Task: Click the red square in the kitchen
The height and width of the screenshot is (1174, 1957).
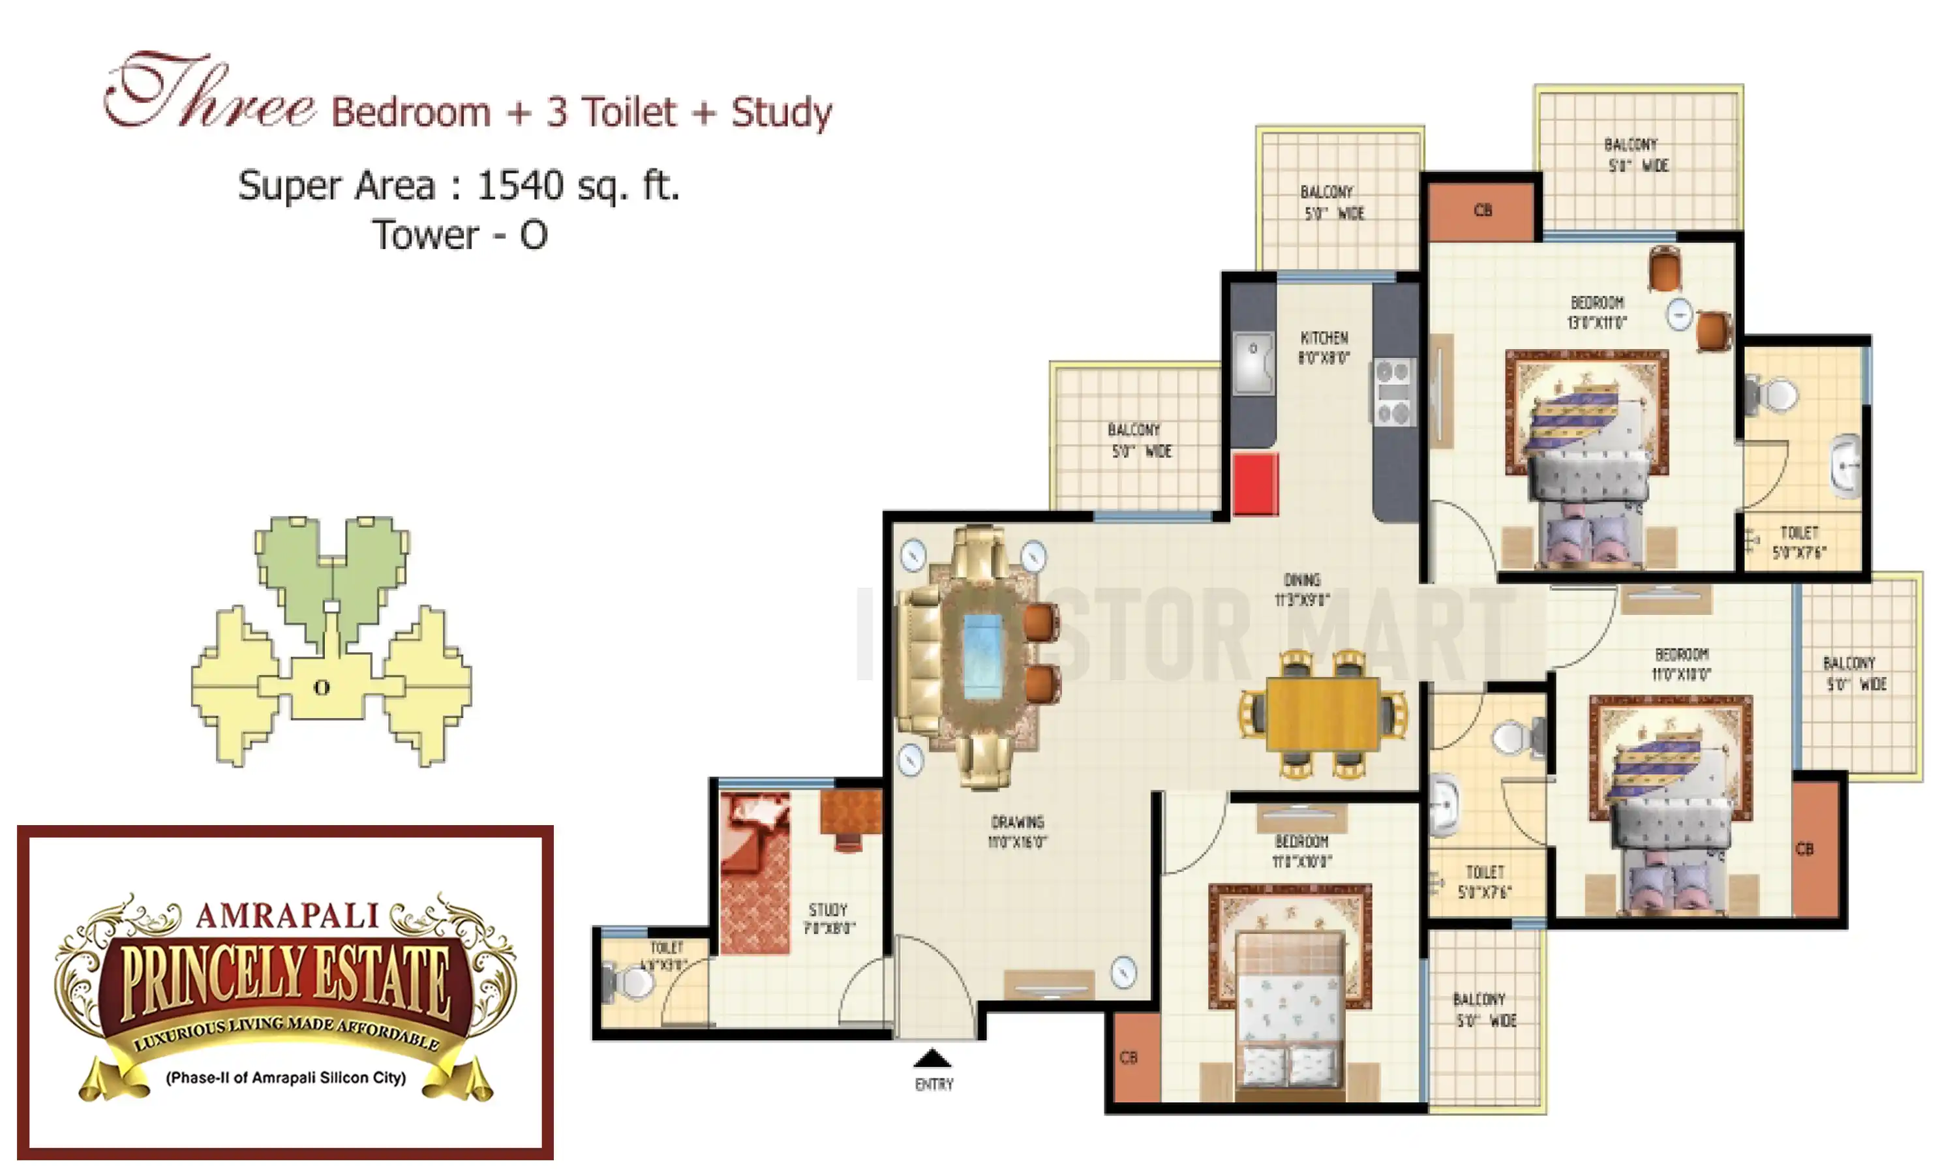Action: pyautogui.click(x=1254, y=483)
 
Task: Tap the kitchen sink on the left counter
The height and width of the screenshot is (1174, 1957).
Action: pyautogui.click(x=1254, y=363)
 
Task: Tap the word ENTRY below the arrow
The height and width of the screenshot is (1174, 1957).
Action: pyautogui.click(x=933, y=1084)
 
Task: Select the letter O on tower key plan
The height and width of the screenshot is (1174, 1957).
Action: pyautogui.click(x=321, y=687)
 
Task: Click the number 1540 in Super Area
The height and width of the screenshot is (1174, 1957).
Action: pyautogui.click(x=521, y=186)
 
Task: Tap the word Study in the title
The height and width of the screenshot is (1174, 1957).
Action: pyautogui.click(x=781, y=112)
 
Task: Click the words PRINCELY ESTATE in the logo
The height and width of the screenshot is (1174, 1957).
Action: pyautogui.click(x=285, y=981)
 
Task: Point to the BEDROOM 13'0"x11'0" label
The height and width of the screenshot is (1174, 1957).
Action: pyautogui.click(x=1596, y=312)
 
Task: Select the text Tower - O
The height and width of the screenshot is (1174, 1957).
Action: pyautogui.click(x=460, y=235)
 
